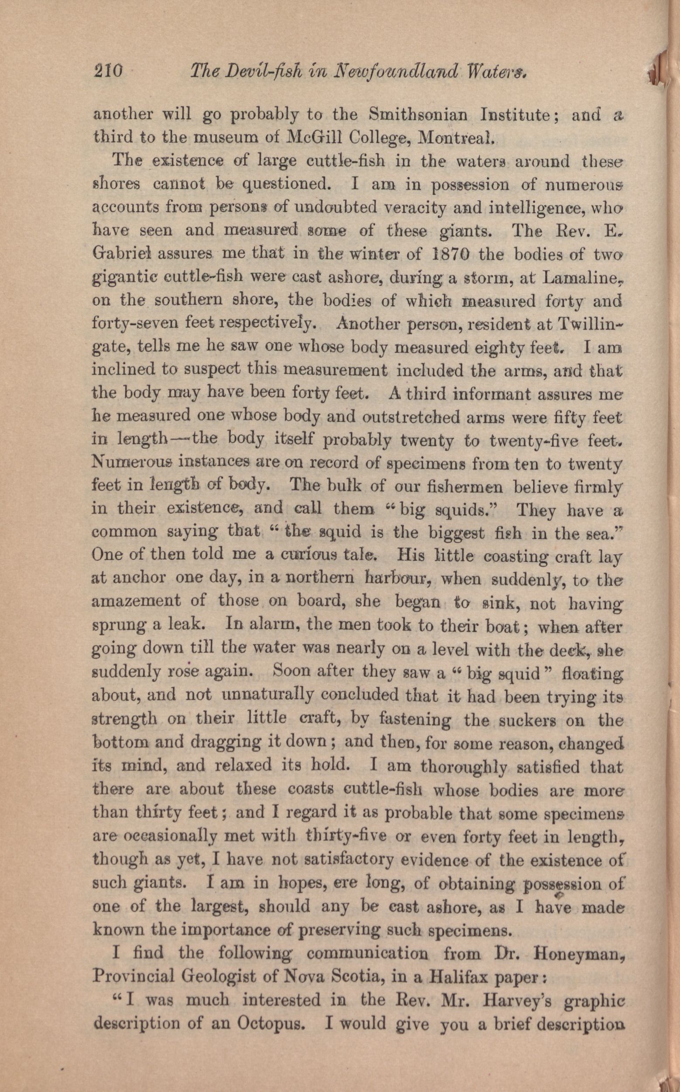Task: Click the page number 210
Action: tap(107, 71)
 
